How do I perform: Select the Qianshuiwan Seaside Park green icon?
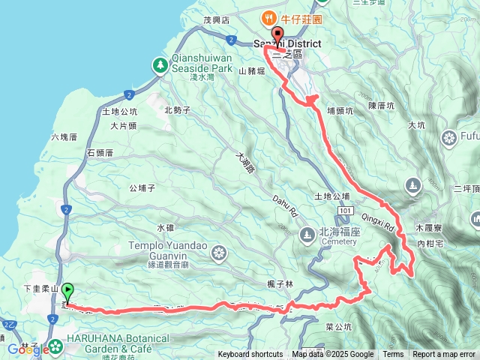(x=160, y=66)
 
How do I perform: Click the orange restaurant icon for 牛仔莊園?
(x=266, y=17)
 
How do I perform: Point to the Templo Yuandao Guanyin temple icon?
(x=218, y=252)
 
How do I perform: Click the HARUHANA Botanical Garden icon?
(x=56, y=347)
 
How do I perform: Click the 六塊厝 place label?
(x=64, y=137)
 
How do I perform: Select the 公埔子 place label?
(x=142, y=188)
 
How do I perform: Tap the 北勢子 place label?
(x=177, y=110)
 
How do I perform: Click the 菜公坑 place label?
(x=339, y=327)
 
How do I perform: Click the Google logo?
(x=23, y=349)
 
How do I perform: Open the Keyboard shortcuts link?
(x=250, y=355)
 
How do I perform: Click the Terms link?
(x=393, y=355)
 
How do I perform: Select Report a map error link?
(x=444, y=355)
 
